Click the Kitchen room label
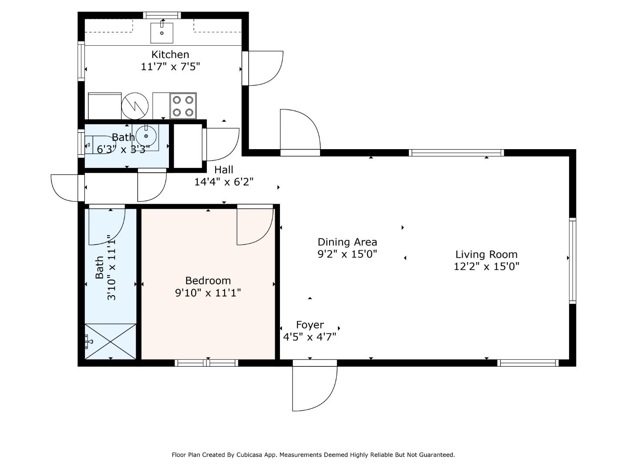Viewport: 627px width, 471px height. [x=170, y=55]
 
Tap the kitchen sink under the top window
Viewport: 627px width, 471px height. [x=162, y=33]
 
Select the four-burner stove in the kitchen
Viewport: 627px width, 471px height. [x=183, y=106]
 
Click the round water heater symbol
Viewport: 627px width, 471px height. [x=135, y=106]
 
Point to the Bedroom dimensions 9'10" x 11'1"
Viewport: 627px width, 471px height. [x=208, y=293]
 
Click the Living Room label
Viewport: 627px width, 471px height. [x=486, y=254]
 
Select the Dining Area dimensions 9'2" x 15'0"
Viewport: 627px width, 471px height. [x=347, y=254]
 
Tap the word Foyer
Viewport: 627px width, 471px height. [x=310, y=324]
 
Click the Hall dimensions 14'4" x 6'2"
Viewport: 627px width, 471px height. [x=224, y=181]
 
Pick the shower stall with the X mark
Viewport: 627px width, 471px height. [x=110, y=341]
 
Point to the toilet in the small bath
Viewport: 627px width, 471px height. [x=98, y=145]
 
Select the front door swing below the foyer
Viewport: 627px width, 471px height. [x=314, y=388]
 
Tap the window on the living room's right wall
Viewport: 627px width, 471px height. [x=573, y=260]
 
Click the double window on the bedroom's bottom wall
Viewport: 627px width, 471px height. [x=206, y=363]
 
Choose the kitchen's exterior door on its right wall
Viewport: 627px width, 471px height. [x=263, y=68]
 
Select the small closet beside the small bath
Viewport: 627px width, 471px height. [x=188, y=146]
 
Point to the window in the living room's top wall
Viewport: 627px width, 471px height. [x=456, y=153]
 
